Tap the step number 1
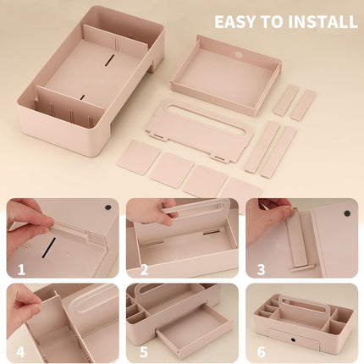coord(21,270)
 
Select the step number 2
coord(144,270)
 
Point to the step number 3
coord(261,270)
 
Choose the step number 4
coord(20,352)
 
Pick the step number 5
coord(144,352)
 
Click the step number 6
coord(262,352)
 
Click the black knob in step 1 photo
coord(108,207)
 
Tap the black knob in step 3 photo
coord(347,213)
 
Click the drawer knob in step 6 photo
coord(293,339)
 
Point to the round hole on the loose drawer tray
coord(240,55)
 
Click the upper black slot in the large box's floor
coord(109,60)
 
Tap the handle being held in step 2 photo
coord(196,208)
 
